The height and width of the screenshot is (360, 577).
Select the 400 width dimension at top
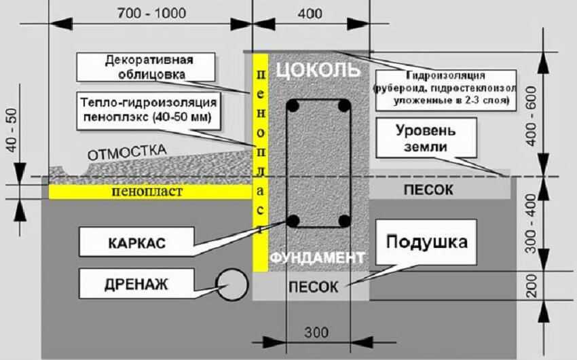pyautogui.click(x=310, y=13)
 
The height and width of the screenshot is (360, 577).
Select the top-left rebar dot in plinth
pyautogui.click(x=293, y=107)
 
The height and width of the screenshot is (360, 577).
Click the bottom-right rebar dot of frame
pyautogui.click(x=344, y=221)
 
